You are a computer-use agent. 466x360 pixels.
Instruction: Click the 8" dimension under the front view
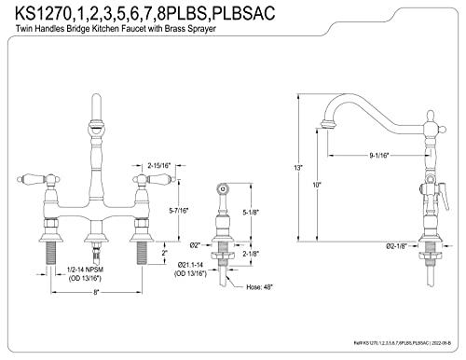(95, 294)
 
